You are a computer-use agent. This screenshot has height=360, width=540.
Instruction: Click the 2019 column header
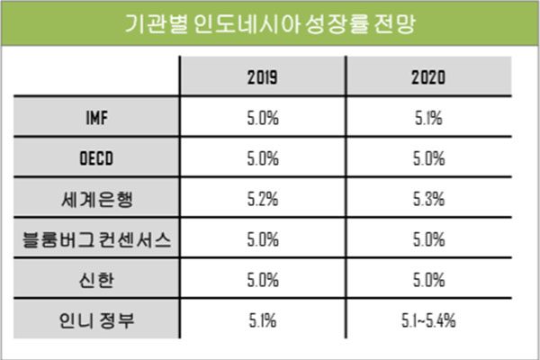click(x=262, y=76)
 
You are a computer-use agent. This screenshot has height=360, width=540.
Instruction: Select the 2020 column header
click(x=428, y=76)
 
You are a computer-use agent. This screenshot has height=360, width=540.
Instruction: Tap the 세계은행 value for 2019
click(x=262, y=199)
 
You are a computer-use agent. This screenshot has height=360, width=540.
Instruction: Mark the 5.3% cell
click(x=428, y=199)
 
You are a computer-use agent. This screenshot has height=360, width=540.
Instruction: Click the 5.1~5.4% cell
click(x=428, y=320)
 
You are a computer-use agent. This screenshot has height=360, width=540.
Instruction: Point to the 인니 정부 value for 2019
click(x=262, y=320)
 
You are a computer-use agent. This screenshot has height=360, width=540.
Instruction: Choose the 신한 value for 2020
click(x=428, y=280)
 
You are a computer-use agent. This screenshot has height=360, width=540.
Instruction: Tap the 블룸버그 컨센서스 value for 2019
click(x=262, y=240)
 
